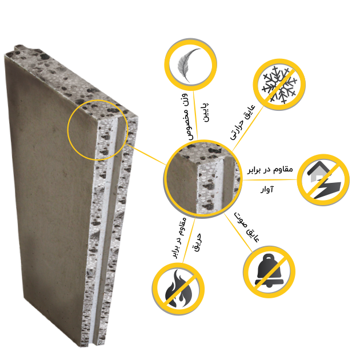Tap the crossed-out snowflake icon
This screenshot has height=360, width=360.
[279, 85]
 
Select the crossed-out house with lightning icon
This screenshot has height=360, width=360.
[323, 180]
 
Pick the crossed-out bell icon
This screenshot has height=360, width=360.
[269, 272]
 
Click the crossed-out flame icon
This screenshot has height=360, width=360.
[178, 289]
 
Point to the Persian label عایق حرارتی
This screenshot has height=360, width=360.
[243, 122]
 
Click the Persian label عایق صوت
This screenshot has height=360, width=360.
[247, 227]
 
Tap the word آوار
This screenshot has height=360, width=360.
[267, 190]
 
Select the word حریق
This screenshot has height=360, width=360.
[198, 242]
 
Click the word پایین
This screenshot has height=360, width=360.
[206, 112]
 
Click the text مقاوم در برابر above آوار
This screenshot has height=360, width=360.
[270, 170]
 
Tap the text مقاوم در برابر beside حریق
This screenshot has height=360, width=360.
[180, 238]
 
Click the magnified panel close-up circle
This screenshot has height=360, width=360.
[203, 178]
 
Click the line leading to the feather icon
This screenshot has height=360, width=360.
[195, 115]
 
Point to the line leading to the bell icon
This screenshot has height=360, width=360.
[238, 233]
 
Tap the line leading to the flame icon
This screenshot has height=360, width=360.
[189, 239]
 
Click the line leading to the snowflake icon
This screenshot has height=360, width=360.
[248, 129]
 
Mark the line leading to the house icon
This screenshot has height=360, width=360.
[270, 180]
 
